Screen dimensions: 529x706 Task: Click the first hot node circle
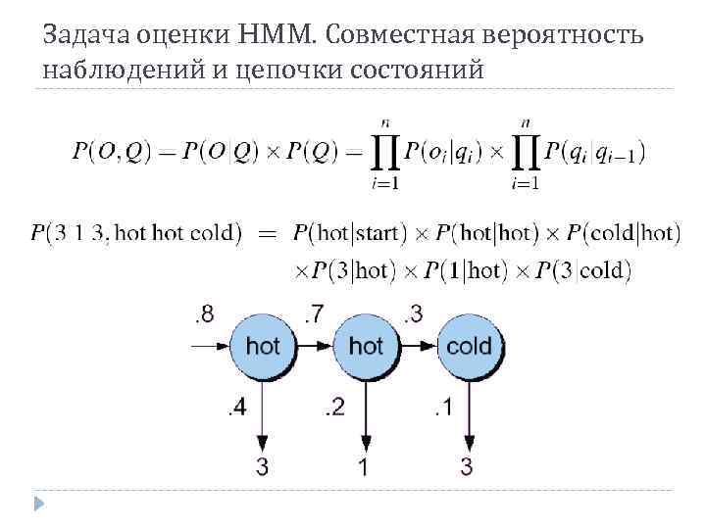pos(262,346)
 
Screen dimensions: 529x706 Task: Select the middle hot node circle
pos(366,346)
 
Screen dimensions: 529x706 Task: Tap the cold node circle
pos(469,346)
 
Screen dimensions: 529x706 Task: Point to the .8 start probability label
pos(204,314)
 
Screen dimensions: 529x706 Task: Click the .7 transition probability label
pos(313,314)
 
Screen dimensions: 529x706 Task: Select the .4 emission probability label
pos(236,408)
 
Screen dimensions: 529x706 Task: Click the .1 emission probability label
pos(441,408)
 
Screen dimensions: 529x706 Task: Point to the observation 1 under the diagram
pos(364,467)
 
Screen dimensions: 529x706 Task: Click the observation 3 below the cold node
pos(467,467)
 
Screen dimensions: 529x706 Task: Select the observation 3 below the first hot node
pos(262,467)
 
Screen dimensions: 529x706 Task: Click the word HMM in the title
pos(276,35)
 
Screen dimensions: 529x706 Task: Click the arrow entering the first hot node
pos(212,346)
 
